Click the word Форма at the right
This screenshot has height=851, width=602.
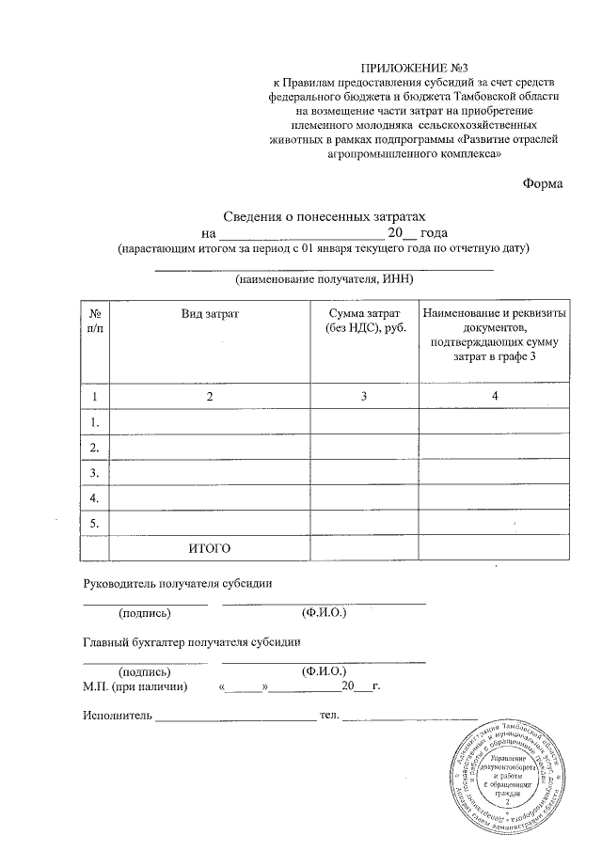coord(542,183)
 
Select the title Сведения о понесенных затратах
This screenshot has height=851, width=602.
coord(325,215)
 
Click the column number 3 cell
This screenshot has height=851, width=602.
coord(364,397)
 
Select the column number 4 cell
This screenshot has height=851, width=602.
coord(494,397)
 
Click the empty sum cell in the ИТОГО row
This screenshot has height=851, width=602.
coord(364,547)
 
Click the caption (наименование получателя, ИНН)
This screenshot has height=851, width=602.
coord(325,280)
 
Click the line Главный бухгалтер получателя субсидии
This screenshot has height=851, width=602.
coord(192,643)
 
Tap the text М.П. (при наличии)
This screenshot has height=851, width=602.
coord(135,687)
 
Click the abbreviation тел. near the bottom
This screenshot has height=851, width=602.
coord(329,717)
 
